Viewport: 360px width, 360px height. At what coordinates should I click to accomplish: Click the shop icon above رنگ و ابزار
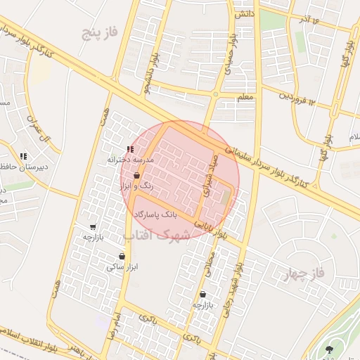(136, 176)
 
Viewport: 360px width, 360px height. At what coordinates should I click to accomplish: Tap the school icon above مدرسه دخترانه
(129, 149)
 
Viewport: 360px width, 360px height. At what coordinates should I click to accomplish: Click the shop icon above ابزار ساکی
(122, 256)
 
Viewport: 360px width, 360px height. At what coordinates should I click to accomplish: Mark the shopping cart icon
(93, 227)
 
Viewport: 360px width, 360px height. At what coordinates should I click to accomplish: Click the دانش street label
(244, 14)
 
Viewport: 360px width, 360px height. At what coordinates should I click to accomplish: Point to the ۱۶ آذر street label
(310, 17)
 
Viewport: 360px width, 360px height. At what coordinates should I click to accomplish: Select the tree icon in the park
(330, 348)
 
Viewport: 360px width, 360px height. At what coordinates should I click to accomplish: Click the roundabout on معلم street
(215, 94)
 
